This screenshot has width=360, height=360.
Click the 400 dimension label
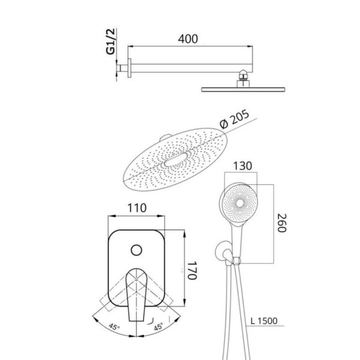pos(188,39)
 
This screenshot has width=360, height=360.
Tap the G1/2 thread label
pos(110,41)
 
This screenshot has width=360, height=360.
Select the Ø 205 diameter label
pos(235,119)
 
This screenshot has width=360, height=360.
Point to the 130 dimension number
pos(242,166)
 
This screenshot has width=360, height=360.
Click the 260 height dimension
pos(282,223)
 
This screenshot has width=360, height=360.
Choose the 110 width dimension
pos(137,208)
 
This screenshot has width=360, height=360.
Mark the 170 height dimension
pos(193,270)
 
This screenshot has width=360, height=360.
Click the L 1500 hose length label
pos(264,321)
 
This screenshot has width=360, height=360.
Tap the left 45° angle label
pos(114,326)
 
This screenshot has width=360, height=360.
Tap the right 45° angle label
pos(158,326)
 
